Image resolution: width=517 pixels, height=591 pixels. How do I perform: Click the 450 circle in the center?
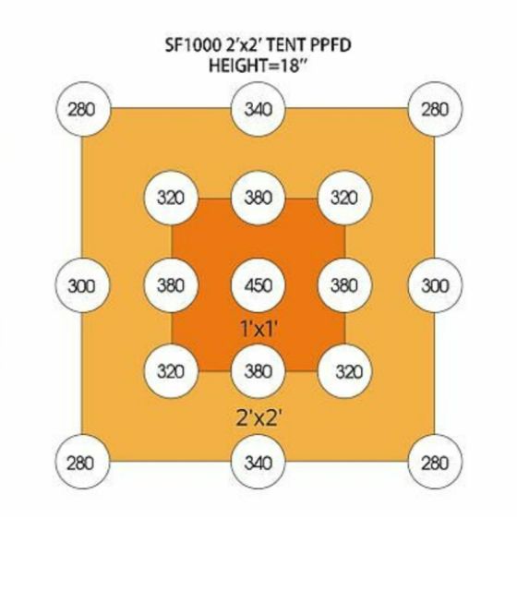tap(258, 285)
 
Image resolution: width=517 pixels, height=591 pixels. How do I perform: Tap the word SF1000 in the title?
tap(193, 45)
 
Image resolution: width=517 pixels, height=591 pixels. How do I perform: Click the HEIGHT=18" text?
tap(258, 66)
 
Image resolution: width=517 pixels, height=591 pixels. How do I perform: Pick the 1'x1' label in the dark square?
tap(258, 329)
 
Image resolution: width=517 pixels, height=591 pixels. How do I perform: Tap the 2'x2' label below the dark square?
tap(258, 417)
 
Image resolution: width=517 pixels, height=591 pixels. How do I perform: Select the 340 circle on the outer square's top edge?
tap(258, 109)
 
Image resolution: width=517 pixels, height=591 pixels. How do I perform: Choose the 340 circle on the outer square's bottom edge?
tap(258, 462)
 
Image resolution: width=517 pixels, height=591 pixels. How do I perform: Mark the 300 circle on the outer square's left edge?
tap(82, 285)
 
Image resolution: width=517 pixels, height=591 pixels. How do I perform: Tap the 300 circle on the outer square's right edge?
tap(435, 285)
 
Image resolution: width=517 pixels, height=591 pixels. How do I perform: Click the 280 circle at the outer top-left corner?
tap(83, 109)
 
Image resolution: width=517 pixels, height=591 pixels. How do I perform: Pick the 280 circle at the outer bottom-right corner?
tap(435, 462)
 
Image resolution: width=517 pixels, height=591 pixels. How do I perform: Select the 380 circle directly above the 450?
tap(258, 198)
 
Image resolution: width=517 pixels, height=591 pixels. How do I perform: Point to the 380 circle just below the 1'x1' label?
tap(258, 371)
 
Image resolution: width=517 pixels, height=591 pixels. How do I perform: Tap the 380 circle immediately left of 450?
tap(171, 285)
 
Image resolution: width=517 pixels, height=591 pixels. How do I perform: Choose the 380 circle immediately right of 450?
tap(344, 285)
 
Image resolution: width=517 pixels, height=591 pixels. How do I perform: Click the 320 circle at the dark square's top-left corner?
tap(171, 198)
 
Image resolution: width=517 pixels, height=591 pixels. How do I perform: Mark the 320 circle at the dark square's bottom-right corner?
tap(344, 371)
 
